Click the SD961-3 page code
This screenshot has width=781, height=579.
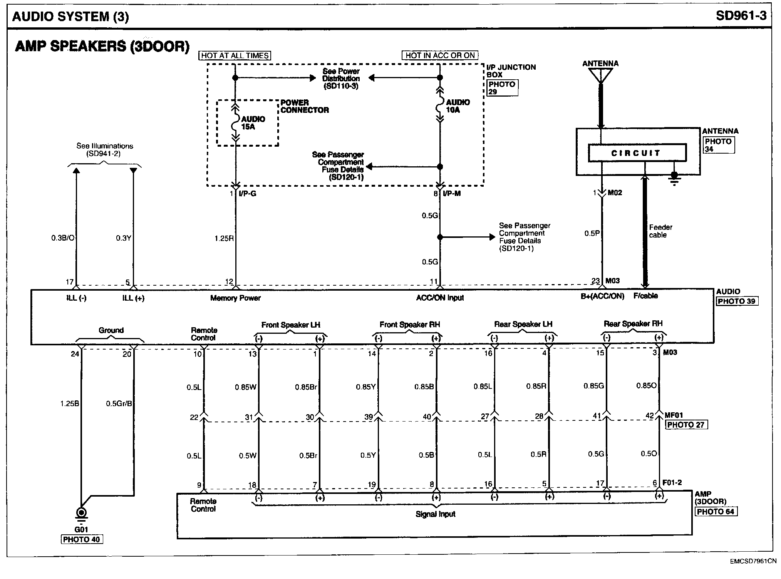(x=741, y=16)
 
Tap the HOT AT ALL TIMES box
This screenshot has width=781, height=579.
(x=235, y=55)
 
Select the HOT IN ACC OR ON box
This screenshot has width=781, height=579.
(x=439, y=55)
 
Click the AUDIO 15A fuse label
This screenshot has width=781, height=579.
(x=253, y=123)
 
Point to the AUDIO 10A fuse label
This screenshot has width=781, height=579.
(x=458, y=106)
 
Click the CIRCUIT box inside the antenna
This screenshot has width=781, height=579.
(x=637, y=153)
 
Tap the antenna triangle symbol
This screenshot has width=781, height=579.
(x=600, y=75)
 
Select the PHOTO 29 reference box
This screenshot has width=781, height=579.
(x=502, y=88)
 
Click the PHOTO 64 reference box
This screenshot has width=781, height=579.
(x=715, y=512)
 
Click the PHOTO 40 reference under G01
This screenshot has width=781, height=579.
(x=82, y=539)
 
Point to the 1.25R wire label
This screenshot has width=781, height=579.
(x=224, y=238)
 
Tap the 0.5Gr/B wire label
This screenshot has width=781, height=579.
(x=119, y=403)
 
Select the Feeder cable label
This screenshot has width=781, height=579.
(x=660, y=231)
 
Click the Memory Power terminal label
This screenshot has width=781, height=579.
(x=235, y=298)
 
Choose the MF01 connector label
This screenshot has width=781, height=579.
(x=674, y=415)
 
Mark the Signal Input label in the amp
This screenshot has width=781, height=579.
(x=435, y=514)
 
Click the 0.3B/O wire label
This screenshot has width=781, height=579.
(x=63, y=238)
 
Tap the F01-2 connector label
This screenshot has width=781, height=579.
(x=672, y=482)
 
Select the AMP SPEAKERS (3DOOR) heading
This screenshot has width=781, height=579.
(x=102, y=46)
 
